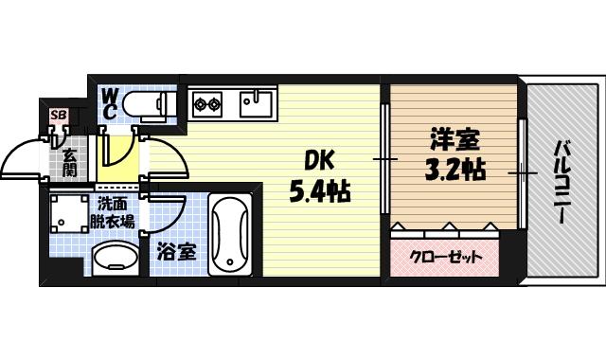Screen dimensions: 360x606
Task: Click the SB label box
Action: click(59, 117)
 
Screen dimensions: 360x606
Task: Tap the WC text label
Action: click(109, 103)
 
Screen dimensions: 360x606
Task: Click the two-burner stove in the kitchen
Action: click(207, 102)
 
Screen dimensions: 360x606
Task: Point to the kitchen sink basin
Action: click(256, 102)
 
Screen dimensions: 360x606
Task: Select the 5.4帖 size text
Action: click(319, 193)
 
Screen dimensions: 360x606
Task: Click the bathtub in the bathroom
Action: click(228, 234)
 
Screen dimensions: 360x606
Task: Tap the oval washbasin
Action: click(116, 257)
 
